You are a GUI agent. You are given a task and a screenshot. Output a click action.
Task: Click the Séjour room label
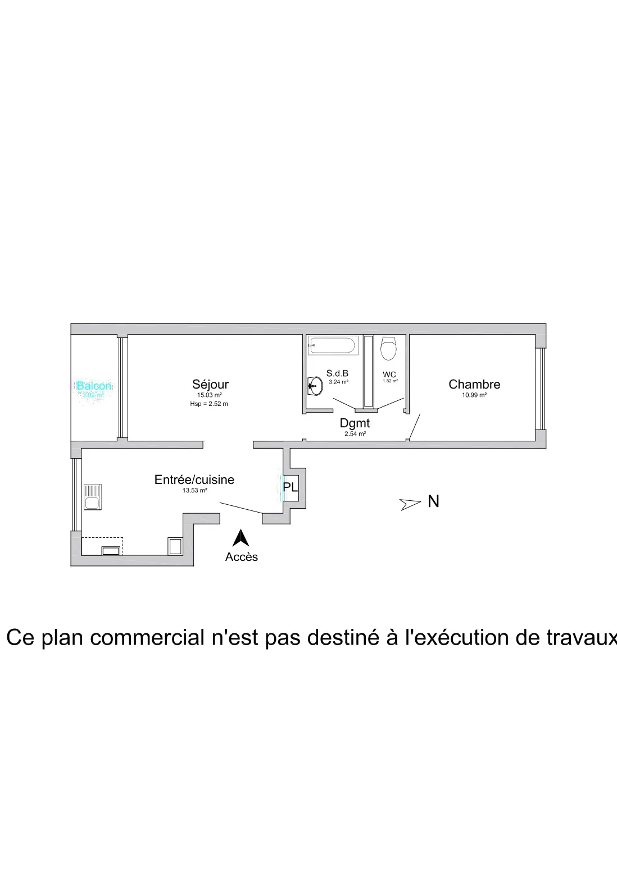click(210, 385)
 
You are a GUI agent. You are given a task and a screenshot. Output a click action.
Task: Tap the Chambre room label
click(474, 385)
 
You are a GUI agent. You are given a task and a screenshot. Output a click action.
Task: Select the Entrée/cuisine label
click(194, 480)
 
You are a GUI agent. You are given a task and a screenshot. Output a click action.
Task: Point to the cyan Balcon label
click(94, 386)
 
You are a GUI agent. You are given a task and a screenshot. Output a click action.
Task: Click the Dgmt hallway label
click(355, 423)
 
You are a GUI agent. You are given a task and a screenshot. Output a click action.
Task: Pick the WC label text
click(389, 375)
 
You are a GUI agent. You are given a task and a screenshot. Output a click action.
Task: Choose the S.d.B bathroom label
click(337, 373)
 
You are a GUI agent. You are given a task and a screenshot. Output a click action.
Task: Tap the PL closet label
click(291, 487)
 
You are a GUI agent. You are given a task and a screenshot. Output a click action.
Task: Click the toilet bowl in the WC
click(388, 348)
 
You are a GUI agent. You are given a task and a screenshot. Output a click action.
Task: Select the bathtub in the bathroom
click(333, 345)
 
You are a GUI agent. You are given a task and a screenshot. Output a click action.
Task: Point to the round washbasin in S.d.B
click(315, 386)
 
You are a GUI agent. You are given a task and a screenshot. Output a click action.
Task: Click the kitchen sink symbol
click(92, 497)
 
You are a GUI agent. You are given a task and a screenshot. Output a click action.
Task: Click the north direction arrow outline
click(410, 504)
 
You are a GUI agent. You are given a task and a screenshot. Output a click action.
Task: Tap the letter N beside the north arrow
click(433, 501)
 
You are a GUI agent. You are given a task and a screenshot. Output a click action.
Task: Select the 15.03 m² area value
click(209, 395)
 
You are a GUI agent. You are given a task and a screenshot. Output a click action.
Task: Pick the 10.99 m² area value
click(474, 395)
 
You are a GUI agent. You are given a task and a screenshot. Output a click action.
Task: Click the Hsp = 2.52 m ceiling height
click(209, 404)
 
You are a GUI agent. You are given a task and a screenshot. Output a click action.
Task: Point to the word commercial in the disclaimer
click(147, 638)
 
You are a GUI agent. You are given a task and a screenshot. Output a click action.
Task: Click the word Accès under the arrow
click(242, 557)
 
